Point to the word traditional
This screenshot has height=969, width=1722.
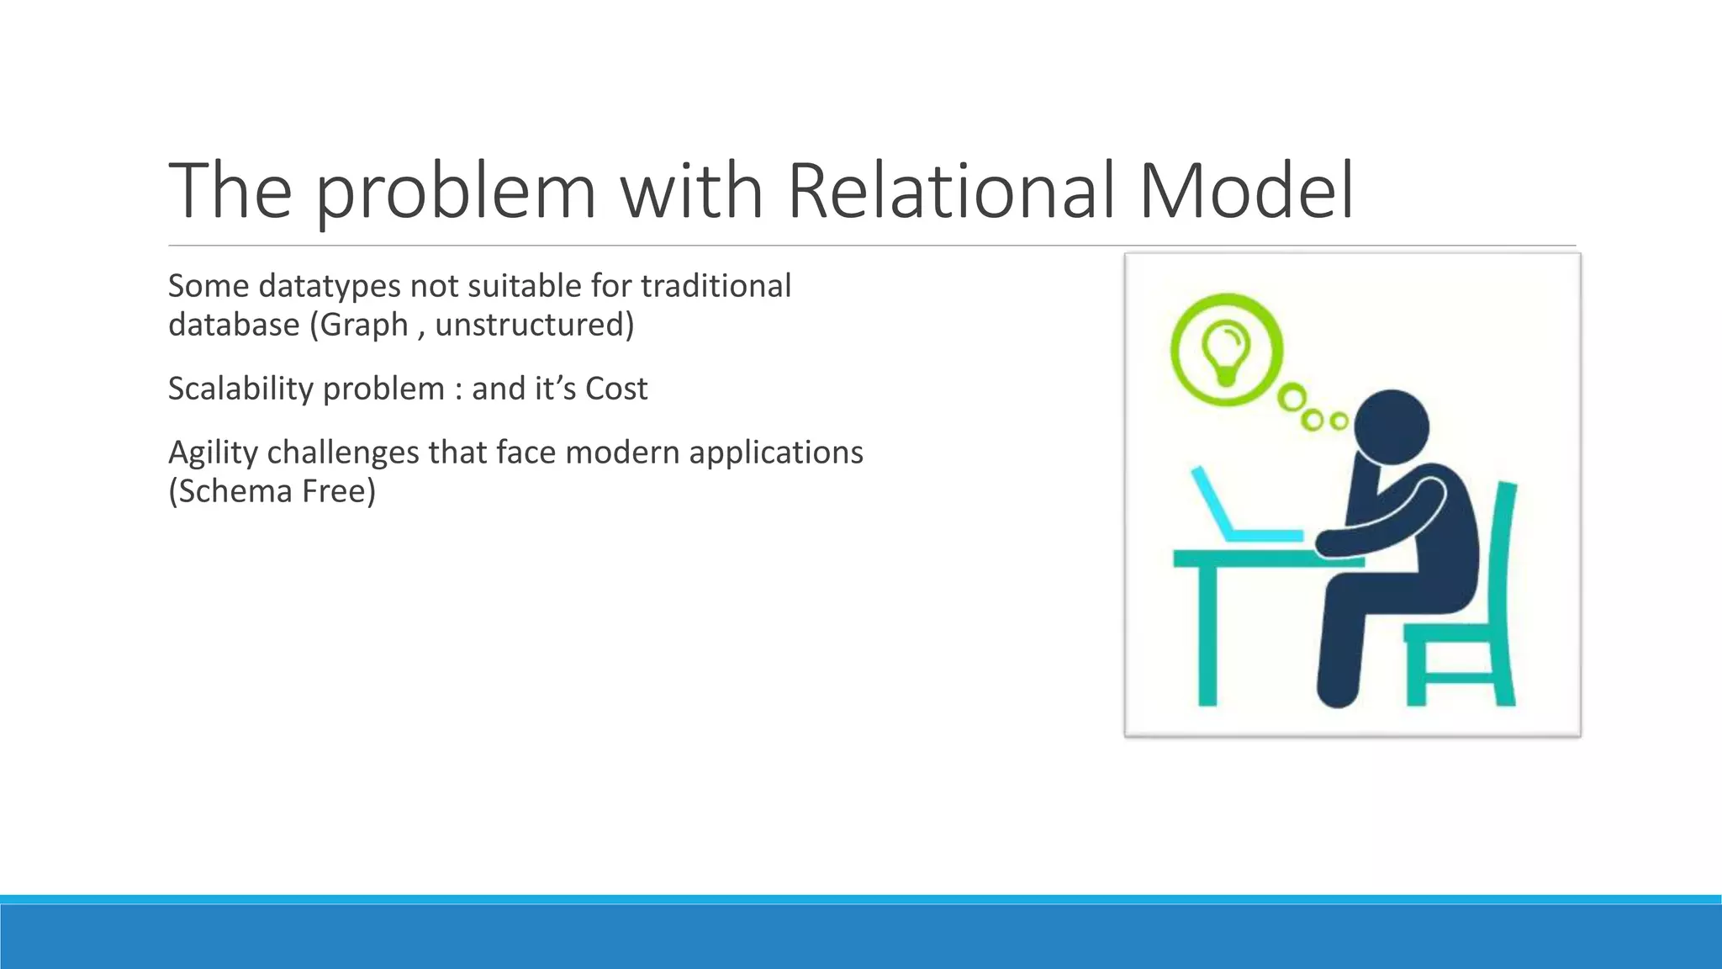716,286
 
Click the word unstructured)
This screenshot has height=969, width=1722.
535,324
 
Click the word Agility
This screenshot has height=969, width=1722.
213,453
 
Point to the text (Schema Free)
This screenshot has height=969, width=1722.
272,491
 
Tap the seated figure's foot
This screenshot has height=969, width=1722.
1338,694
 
